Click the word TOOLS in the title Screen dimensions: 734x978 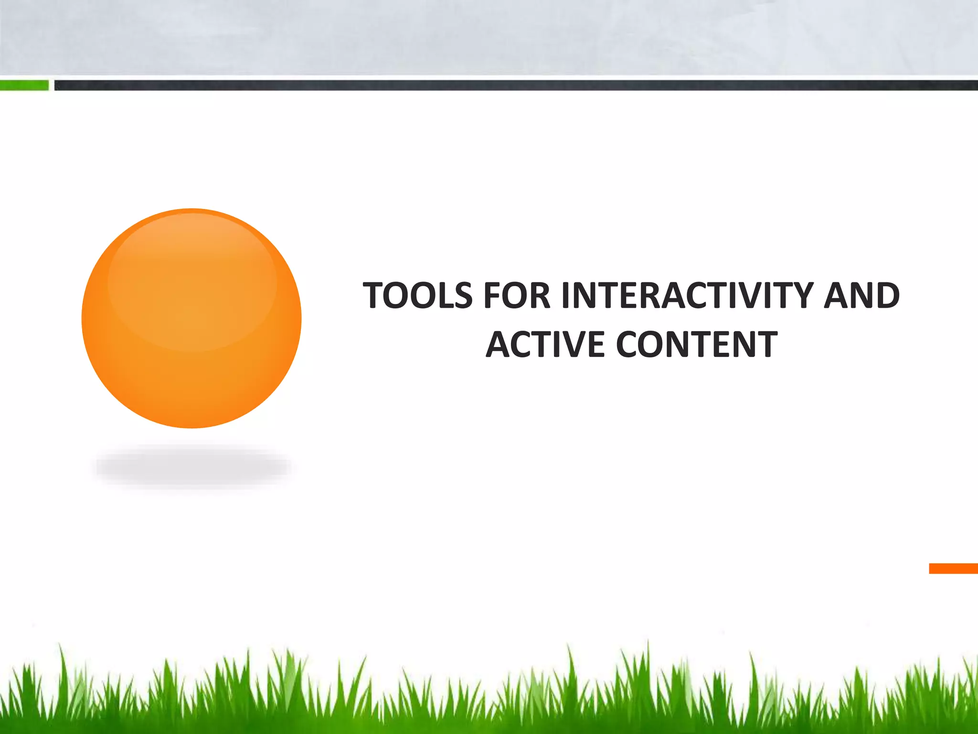coord(417,296)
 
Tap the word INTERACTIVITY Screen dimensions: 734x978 coord(687,296)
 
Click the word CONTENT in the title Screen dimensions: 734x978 coord(697,345)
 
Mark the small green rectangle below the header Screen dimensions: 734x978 coord(24,86)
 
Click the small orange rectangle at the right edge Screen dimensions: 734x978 coord(953,568)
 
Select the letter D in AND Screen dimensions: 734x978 coord(886,296)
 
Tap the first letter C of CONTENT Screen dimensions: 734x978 coord(629,345)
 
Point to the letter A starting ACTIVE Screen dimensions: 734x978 coord(499,345)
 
